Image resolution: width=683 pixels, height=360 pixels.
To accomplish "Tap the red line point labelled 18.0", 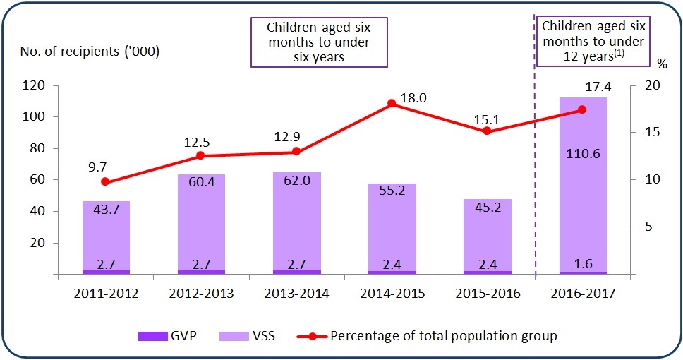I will point(392,104).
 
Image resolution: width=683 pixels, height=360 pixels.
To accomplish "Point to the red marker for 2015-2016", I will point(487,131).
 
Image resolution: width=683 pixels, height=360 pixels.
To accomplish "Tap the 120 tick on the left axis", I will point(55,85).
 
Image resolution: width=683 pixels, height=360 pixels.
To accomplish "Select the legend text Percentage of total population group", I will point(444,335).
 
